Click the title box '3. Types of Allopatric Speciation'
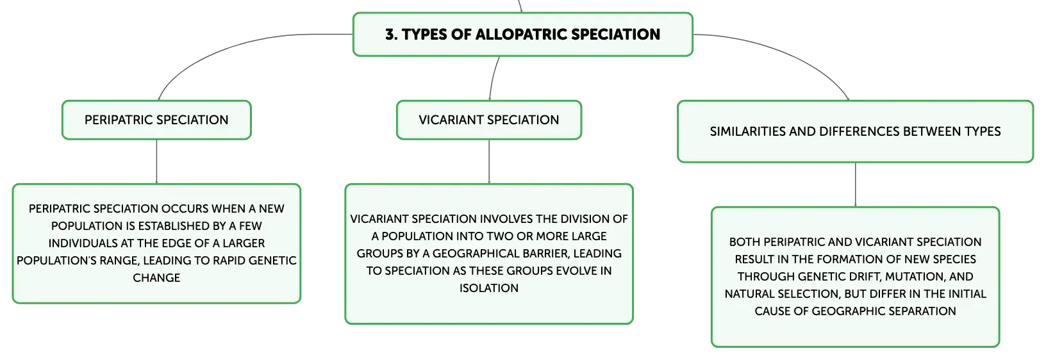pyautogui.click(x=522, y=35)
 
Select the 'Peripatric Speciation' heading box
pyautogui.click(x=156, y=120)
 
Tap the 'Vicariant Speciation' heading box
pyautogui.click(x=489, y=120)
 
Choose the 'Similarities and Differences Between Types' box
pyautogui.click(x=855, y=132)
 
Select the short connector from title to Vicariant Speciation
pyautogui.click(x=493, y=78)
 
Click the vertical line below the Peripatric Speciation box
pyautogui.click(x=156, y=161)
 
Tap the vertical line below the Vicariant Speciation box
pyautogui.click(x=489, y=161)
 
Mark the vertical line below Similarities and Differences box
pyautogui.click(x=856, y=185)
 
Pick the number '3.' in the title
pyautogui.click(x=392, y=35)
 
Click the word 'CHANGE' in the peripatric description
pyautogui.click(x=156, y=278)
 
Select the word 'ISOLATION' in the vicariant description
pyautogui.click(x=489, y=288)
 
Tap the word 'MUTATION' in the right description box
pyautogui.click(x=916, y=277)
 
